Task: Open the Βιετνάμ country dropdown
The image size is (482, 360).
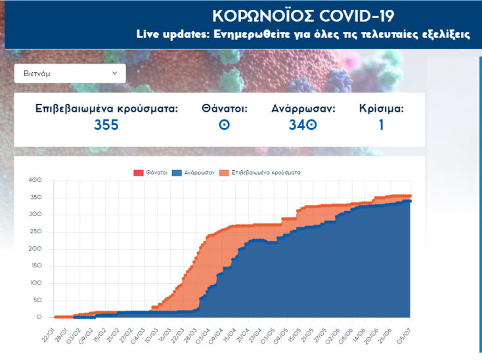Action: (70, 74)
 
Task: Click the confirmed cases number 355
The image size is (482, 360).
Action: (106, 124)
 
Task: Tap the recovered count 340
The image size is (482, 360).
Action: (303, 124)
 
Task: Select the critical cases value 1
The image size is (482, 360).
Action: (381, 124)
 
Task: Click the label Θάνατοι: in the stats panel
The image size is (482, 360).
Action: (225, 108)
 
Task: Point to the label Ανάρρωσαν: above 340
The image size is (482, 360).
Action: (303, 108)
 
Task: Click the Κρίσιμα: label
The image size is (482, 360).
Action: (382, 108)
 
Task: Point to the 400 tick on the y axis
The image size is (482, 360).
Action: (35, 180)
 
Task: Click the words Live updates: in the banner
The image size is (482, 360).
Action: (172, 34)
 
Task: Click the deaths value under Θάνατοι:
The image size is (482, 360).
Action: (225, 124)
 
